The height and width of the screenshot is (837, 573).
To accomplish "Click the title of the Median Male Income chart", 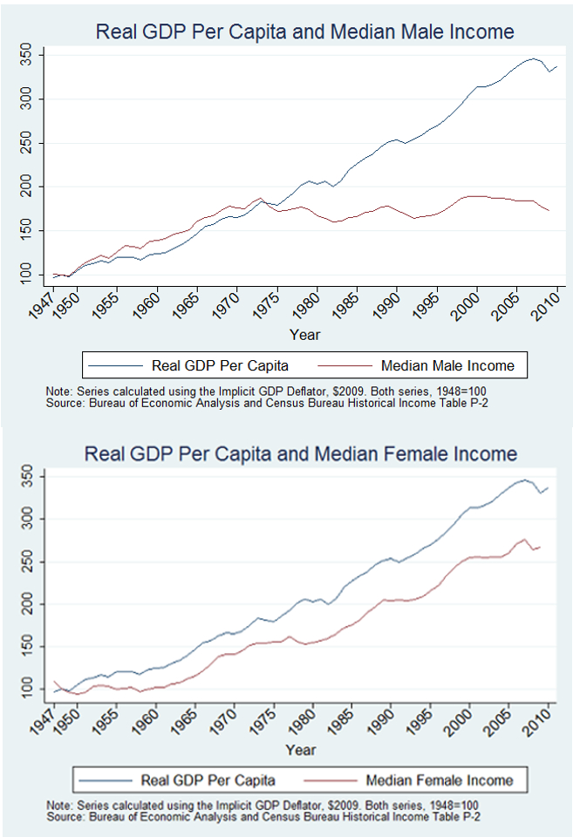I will [304, 32].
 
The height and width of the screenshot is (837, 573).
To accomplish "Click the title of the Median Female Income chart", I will [300, 454].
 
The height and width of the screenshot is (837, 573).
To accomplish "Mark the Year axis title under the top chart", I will [304, 334].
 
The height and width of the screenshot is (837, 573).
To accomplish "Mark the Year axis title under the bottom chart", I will [300, 749].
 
